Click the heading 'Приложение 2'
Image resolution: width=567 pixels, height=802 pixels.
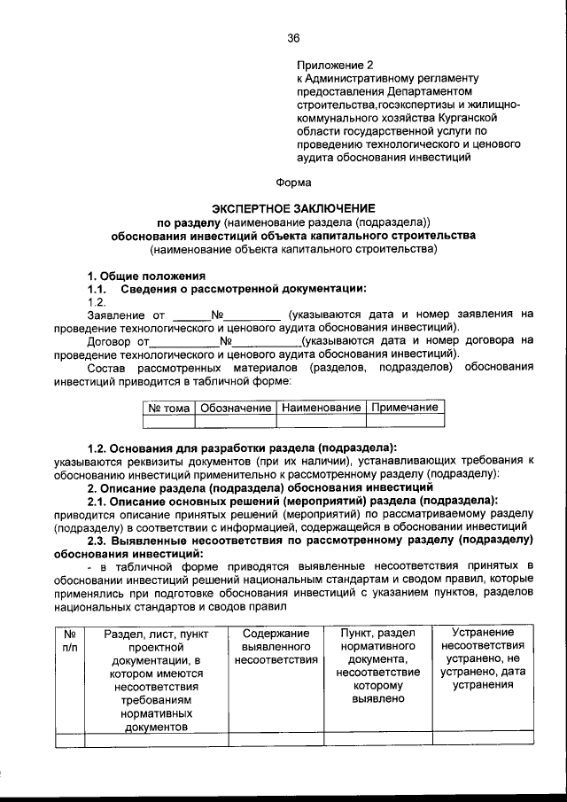pyautogui.click(x=336, y=66)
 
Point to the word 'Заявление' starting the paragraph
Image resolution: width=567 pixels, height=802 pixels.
pyautogui.click(x=114, y=314)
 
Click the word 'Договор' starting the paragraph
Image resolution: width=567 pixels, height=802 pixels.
pyautogui.click(x=111, y=339)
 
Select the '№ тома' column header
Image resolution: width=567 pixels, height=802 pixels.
pyautogui.click(x=167, y=408)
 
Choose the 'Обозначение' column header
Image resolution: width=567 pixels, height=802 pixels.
pyautogui.click(x=235, y=408)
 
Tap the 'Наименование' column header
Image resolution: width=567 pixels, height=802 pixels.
pyautogui.click(x=321, y=408)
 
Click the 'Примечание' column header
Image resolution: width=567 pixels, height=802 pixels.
pyautogui.click(x=404, y=408)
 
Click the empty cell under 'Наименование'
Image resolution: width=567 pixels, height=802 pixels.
pyautogui.click(x=321, y=422)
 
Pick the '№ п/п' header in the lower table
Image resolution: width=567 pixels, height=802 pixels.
pyautogui.click(x=70, y=641)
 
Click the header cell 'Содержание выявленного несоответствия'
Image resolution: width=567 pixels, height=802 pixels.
pyautogui.click(x=275, y=647)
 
